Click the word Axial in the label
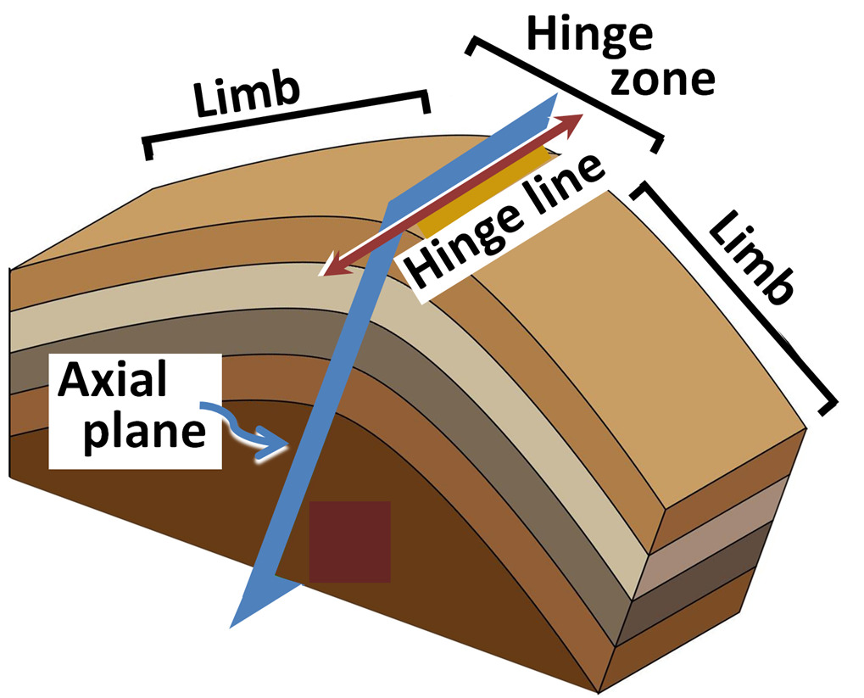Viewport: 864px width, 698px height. [x=112, y=383]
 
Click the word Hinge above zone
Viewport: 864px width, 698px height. [x=590, y=36]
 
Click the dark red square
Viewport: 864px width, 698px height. [x=349, y=541]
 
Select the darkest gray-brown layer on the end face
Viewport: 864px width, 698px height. [x=709, y=594]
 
